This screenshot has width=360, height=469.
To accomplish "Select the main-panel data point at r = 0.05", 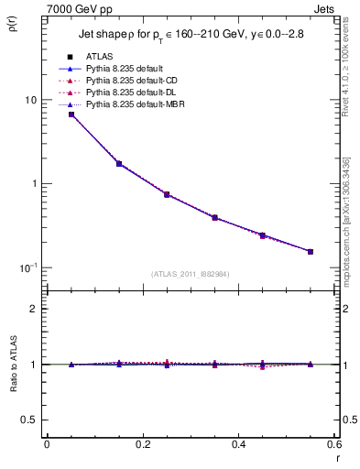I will [x=71, y=115].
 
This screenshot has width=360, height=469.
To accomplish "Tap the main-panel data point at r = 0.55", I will [x=311, y=251].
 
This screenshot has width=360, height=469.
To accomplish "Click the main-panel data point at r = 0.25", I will [x=167, y=194].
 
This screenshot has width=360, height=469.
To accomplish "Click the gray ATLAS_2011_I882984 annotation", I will [x=191, y=274].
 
